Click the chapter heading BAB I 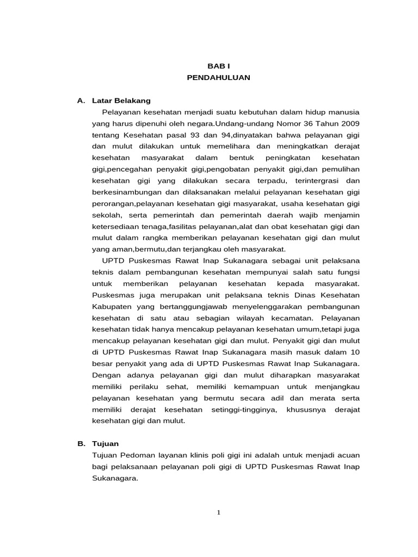218,65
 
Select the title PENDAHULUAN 218,78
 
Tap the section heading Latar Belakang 121,101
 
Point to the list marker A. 82,101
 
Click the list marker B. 82,443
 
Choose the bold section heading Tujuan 105,443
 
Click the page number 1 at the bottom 218,512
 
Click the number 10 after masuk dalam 354,352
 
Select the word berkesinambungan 128,192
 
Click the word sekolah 106,215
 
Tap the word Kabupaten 111,306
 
